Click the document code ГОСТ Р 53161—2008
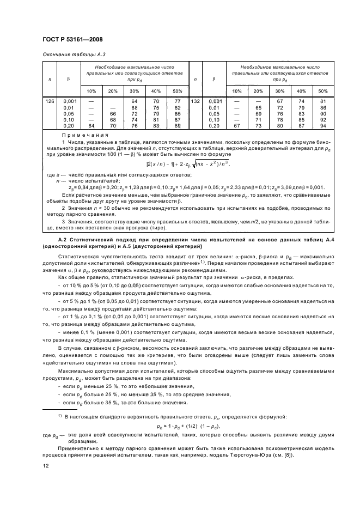[x=72, y=39]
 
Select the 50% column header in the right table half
[x=323, y=90]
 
